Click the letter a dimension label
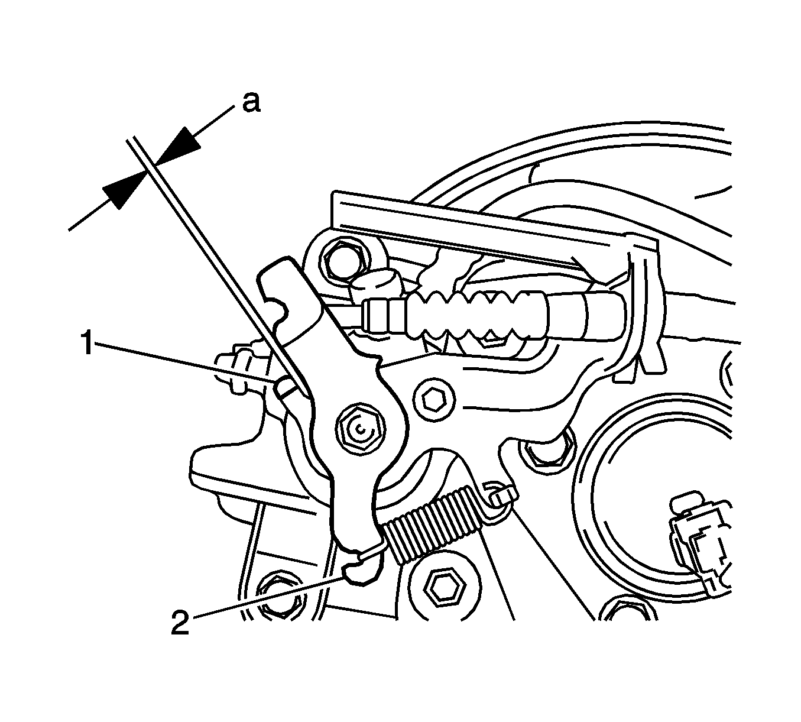click(252, 103)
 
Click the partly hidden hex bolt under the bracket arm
click(549, 452)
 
